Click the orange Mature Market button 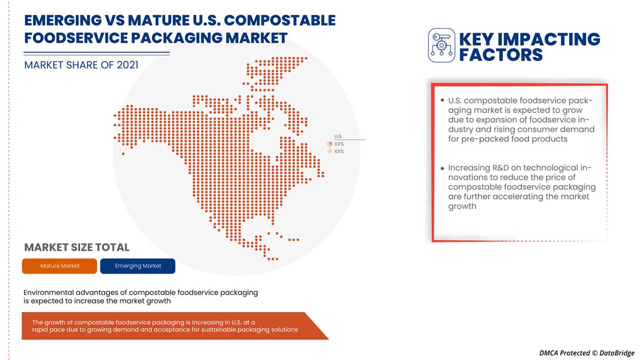pos(59,266)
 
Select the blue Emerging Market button pos(138,266)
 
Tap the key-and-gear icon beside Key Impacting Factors pos(442,45)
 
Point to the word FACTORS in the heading pos(501,54)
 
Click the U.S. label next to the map pos(338,137)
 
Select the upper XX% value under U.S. pos(339,144)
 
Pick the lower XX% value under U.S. pos(339,151)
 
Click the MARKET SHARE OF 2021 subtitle pos(81,65)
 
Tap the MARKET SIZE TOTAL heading pos(77,247)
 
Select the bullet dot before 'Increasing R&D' pos(442,168)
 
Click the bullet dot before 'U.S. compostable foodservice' pos(442,100)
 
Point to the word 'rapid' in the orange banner pos(42,330)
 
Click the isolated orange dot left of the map pos(123,154)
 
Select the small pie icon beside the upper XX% pos(330,144)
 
